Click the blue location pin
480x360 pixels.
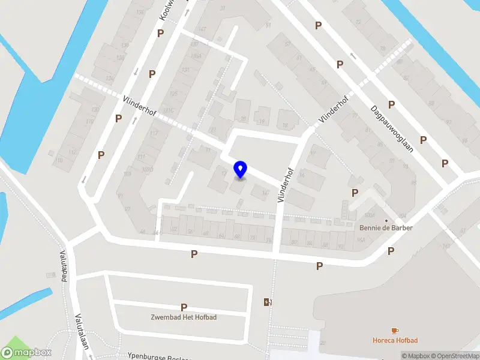[x=240, y=170]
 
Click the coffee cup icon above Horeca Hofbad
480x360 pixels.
[x=394, y=331]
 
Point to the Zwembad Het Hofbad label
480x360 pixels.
[x=184, y=317]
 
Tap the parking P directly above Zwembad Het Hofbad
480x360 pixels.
[x=184, y=307]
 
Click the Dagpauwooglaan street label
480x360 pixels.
[x=392, y=128]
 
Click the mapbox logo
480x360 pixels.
[x=26, y=353]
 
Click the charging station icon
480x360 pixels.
[x=267, y=302]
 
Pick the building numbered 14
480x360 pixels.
[x=262, y=192]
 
